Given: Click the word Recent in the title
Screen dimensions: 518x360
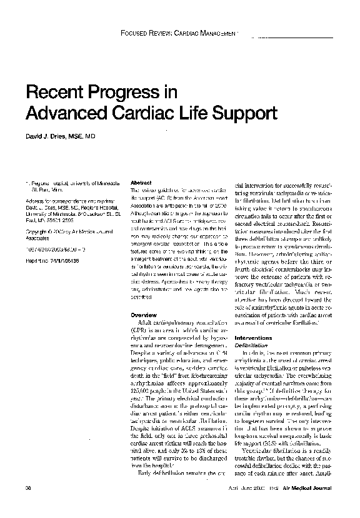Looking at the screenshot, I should [59, 93].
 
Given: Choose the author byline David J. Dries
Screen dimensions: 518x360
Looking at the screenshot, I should [60, 136].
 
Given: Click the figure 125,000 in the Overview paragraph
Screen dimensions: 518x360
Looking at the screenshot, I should [139, 404].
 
